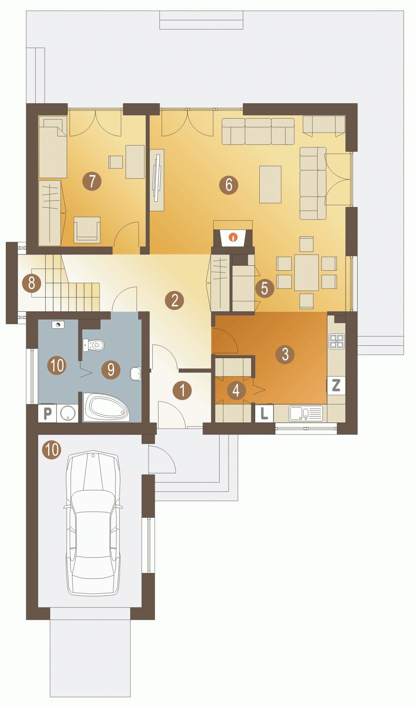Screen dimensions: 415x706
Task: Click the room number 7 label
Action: [92, 181]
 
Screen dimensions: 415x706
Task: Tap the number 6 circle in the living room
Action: [229, 185]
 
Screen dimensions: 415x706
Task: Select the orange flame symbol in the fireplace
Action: [234, 237]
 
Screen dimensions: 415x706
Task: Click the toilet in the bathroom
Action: [93, 345]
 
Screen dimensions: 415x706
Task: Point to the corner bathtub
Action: [106, 407]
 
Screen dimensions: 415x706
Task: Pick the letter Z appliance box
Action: [336, 385]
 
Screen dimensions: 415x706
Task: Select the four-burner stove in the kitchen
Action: [337, 341]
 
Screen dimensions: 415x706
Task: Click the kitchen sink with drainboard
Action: [306, 413]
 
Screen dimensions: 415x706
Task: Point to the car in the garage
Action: [93, 523]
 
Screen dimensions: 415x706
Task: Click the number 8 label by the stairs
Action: [32, 283]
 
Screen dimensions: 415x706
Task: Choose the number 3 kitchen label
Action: [285, 354]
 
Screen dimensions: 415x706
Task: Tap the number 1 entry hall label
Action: [182, 390]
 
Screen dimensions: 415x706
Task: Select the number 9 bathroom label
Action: [111, 369]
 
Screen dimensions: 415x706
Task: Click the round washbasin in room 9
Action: [136, 374]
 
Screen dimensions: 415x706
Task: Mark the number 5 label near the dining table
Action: [264, 288]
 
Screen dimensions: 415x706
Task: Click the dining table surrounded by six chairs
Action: [306, 273]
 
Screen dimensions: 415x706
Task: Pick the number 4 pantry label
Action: [236, 390]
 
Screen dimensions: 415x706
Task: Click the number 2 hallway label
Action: [175, 300]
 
